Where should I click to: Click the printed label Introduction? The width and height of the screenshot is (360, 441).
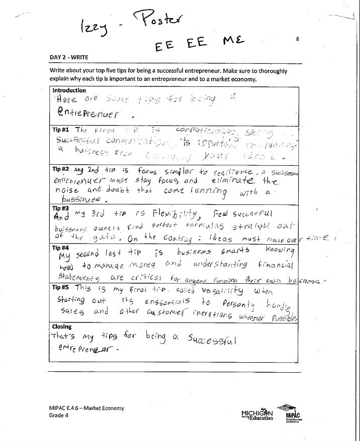(69, 90)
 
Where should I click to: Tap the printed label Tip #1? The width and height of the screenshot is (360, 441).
(61, 130)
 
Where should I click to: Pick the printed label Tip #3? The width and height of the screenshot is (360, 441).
(61, 207)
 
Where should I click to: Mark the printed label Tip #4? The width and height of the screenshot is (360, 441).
(61, 248)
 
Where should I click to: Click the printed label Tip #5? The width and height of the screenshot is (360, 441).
(61, 287)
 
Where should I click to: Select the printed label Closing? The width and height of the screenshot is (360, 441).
(62, 326)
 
